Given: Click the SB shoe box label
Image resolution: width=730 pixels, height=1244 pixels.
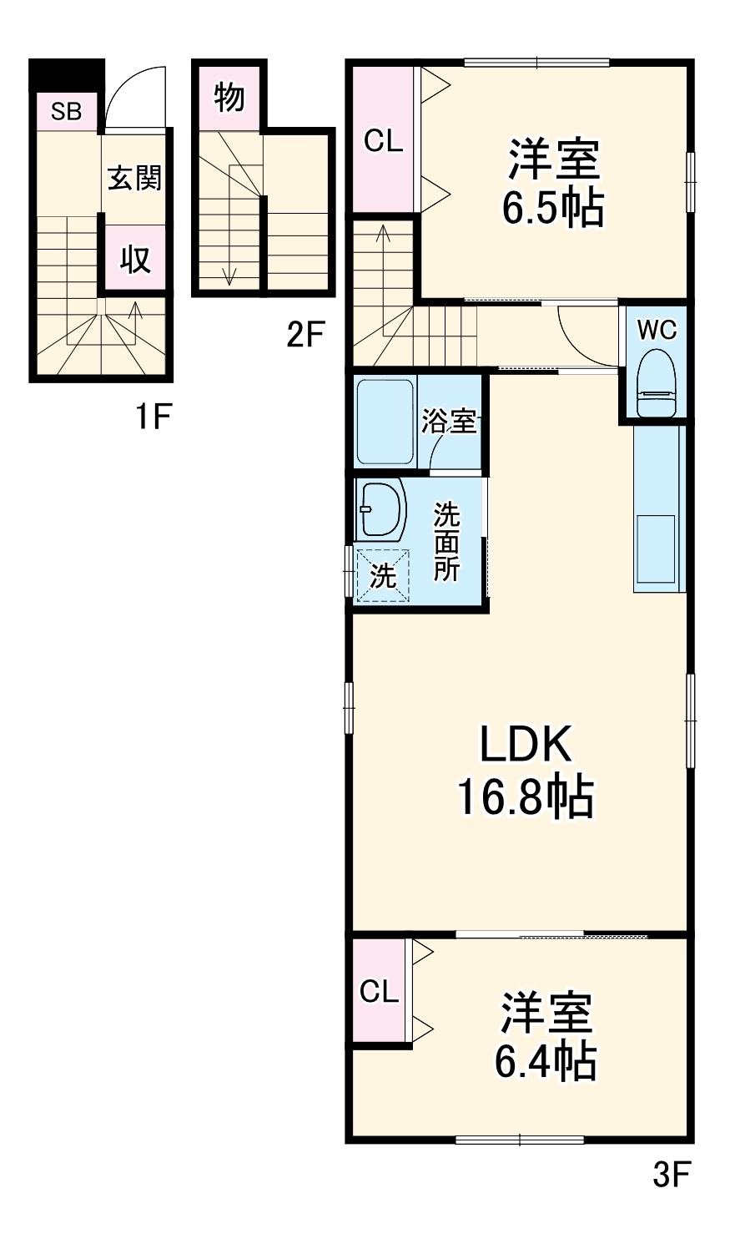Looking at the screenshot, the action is click(x=66, y=112).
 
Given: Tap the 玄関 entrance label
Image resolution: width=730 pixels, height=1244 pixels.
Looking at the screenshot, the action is click(x=134, y=179).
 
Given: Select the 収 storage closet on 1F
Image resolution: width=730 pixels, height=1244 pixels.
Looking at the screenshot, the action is click(x=135, y=258).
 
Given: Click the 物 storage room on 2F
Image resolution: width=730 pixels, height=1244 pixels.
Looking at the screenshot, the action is click(x=229, y=97).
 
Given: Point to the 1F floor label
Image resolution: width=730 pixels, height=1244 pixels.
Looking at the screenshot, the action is click(x=154, y=417).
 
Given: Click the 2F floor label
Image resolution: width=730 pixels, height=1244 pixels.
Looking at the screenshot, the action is click(x=305, y=335).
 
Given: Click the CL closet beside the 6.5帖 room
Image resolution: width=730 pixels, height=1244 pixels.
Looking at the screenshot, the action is click(x=384, y=139).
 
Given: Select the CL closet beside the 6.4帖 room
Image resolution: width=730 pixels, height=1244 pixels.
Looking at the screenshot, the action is click(x=380, y=991).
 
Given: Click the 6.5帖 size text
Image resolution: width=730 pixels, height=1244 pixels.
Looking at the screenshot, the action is click(x=553, y=208).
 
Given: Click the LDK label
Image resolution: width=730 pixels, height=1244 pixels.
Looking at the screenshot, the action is click(x=525, y=744).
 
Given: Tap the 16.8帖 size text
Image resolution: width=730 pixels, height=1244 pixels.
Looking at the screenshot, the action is click(x=525, y=797).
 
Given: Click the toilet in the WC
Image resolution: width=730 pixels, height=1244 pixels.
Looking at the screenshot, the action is click(x=657, y=383).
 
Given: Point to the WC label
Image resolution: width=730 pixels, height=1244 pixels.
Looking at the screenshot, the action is click(x=657, y=331).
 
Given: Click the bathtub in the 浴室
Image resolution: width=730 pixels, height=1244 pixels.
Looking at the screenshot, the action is click(x=385, y=422).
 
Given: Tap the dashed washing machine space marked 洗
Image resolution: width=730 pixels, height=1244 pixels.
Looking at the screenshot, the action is click(x=383, y=575).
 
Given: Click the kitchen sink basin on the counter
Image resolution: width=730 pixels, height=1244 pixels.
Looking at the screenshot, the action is click(x=656, y=549).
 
